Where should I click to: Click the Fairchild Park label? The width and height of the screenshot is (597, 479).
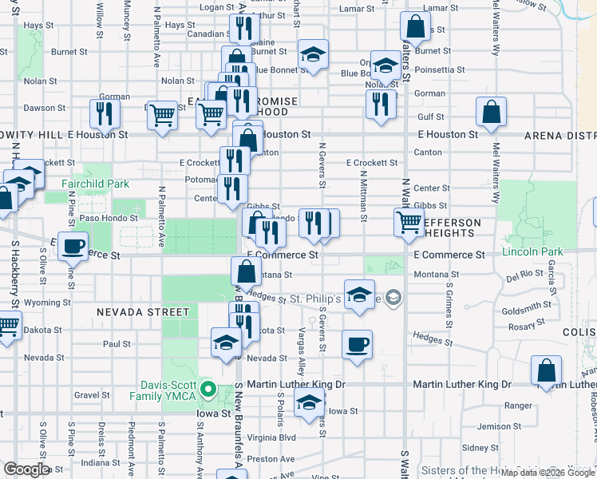coord(97,184)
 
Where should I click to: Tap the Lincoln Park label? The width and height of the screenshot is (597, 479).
coord(532,252)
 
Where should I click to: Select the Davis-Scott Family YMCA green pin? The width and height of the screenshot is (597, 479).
coord(208,390)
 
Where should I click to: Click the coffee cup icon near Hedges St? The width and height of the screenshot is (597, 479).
coord(357,345)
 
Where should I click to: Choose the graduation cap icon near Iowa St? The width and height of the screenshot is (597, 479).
coord(307,404)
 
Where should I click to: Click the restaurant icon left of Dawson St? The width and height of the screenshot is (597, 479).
coord(105,113)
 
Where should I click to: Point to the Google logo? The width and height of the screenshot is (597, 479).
coord(27,469)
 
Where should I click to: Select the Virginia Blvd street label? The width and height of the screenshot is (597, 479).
coord(271,437)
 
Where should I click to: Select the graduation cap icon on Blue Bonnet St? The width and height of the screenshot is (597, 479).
coord(313,55)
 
